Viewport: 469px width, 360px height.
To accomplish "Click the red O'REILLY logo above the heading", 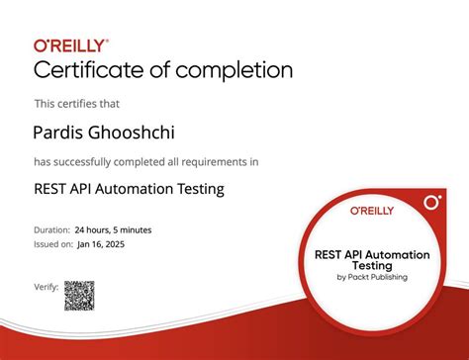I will click(72, 45).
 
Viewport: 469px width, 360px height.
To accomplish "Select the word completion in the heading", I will click(237, 70).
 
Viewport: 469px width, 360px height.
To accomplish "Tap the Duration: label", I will click(52, 230).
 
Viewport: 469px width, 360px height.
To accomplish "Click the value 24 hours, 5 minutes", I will click(114, 230).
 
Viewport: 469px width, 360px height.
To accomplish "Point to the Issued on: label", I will click(52, 243).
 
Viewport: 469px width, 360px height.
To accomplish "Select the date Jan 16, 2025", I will click(102, 243).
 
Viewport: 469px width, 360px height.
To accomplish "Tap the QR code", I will click(79, 295).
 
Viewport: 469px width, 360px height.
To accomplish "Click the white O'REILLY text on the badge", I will click(371, 211).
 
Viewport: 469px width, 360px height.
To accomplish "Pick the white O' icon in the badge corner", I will click(431, 203).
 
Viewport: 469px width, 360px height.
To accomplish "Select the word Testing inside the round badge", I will click(372, 265).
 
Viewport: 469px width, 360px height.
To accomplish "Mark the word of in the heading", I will click(171, 70).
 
